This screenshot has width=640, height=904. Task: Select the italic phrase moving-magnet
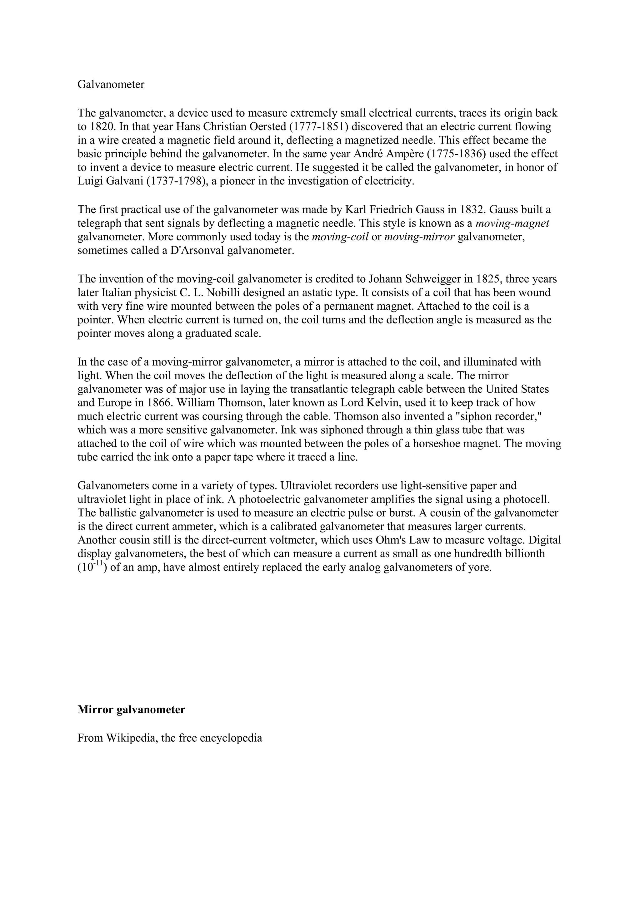tap(512, 223)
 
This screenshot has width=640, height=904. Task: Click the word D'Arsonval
tap(197, 250)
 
